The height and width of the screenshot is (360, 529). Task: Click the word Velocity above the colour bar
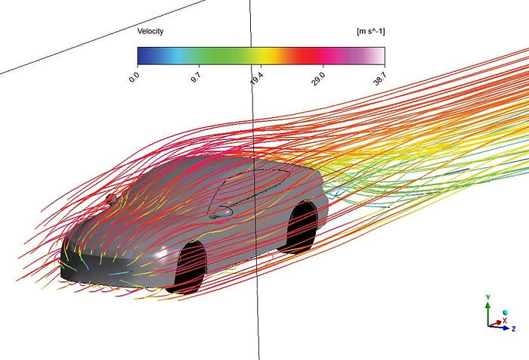(x=150, y=32)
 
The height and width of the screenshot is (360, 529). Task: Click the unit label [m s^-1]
(x=371, y=32)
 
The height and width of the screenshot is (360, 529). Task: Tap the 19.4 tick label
(x=257, y=79)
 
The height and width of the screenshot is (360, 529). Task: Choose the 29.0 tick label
(x=318, y=79)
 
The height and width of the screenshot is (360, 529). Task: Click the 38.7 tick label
(x=380, y=79)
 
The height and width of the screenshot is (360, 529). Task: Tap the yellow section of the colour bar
(x=264, y=56)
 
